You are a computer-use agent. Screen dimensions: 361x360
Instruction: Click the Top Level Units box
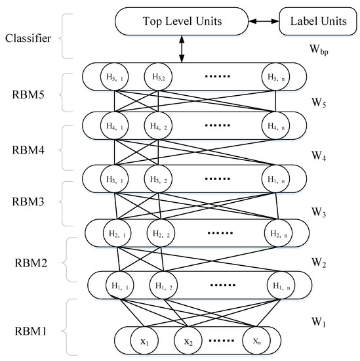(x=181, y=22)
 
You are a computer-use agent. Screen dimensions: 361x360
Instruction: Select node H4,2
(x=158, y=123)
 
